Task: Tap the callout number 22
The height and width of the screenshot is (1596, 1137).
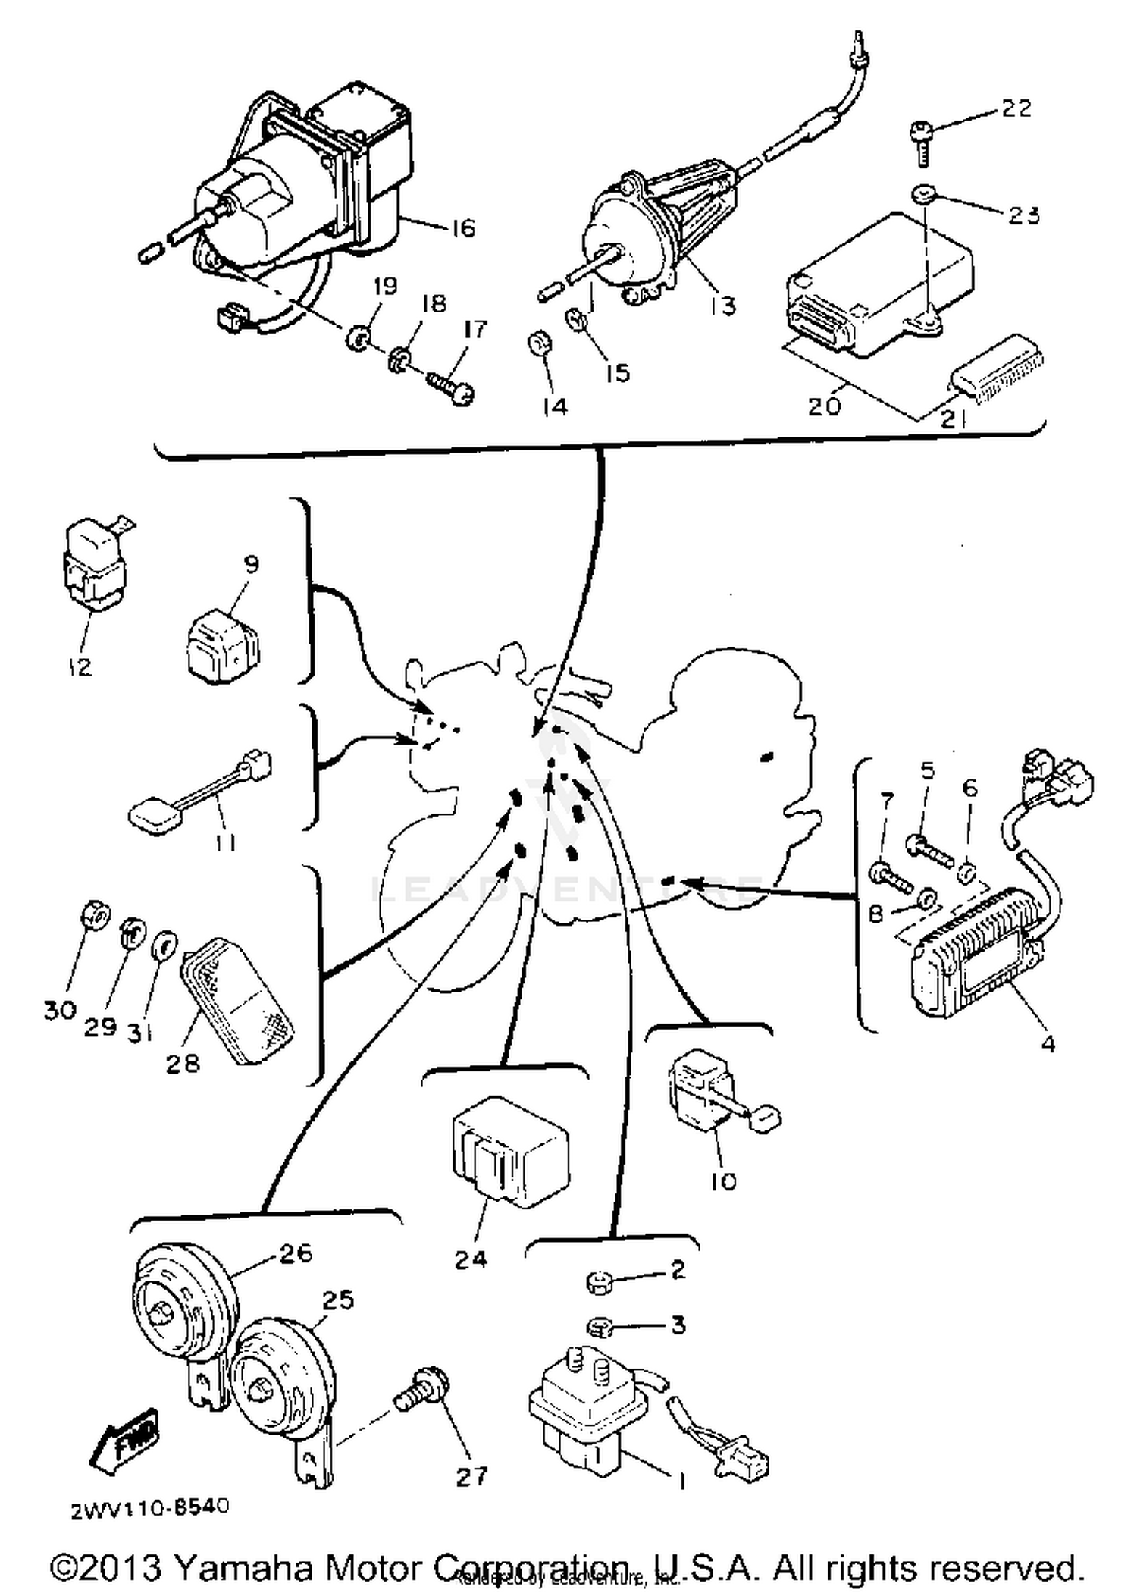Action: pyautogui.click(x=1016, y=108)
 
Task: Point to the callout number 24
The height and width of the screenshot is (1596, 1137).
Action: pyautogui.click(x=470, y=1259)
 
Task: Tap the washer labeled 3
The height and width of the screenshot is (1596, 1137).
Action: pyautogui.click(x=600, y=1327)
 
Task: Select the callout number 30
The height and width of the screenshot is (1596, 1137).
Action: pyautogui.click(x=59, y=1010)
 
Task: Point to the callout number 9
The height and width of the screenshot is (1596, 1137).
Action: pyautogui.click(x=252, y=564)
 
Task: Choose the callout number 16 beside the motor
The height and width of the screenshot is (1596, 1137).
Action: pyautogui.click(x=462, y=228)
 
